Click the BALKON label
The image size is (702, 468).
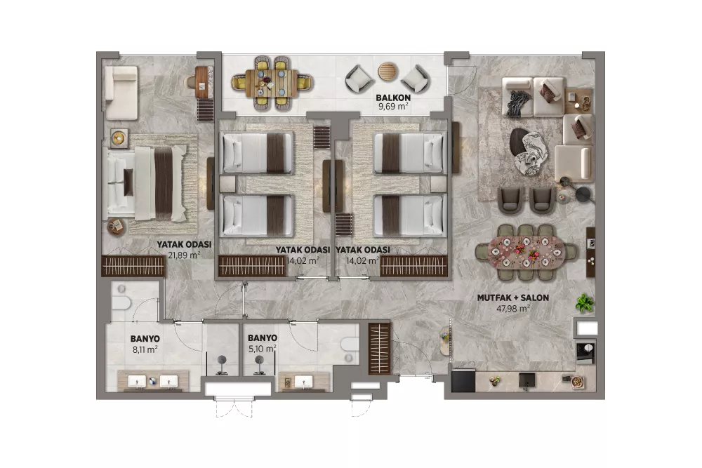coord(393,98)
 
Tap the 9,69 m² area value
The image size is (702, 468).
coord(393,107)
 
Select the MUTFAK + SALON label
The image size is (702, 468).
coord(513,297)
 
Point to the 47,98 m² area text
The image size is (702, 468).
coord(513,308)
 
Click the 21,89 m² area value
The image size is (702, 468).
coord(184,255)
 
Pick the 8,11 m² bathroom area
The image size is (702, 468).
coord(145,349)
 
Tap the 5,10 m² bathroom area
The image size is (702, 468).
coord(263,349)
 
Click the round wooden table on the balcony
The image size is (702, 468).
coord(388,72)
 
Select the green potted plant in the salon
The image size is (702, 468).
coord(584,303)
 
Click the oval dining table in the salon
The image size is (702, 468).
coord(526,253)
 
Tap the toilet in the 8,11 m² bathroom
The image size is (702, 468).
coord(121,302)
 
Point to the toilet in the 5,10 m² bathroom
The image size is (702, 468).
coord(350,344)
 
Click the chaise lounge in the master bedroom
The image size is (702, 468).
coord(121,93)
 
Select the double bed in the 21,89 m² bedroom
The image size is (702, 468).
coord(147,183)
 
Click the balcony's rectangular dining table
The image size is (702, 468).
coord(272,83)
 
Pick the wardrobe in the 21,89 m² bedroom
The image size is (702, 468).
coord(133,266)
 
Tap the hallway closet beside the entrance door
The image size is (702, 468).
coord(379,348)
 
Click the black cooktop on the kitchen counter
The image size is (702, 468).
coord(463,381)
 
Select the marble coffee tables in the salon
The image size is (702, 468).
coord(529,152)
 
